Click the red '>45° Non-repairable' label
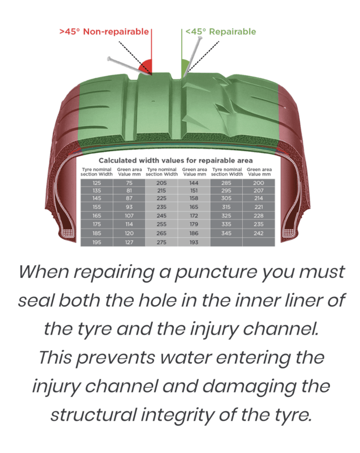click(x=104, y=32)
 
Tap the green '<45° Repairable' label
click(x=221, y=32)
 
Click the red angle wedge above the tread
click(x=146, y=66)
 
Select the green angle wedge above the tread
click(x=185, y=66)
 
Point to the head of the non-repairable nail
click(x=109, y=59)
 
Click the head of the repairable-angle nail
click(x=199, y=38)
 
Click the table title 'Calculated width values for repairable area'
click(x=176, y=160)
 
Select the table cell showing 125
click(x=97, y=183)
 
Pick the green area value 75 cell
click(x=129, y=183)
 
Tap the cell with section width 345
click(x=226, y=233)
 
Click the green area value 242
click(x=259, y=233)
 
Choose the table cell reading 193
click(x=194, y=242)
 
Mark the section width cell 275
click(x=161, y=242)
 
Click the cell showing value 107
click(x=129, y=216)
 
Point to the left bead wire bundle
click(x=67, y=232)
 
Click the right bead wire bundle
click(x=289, y=232)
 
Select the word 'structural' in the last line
click(x=93, y=415)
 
